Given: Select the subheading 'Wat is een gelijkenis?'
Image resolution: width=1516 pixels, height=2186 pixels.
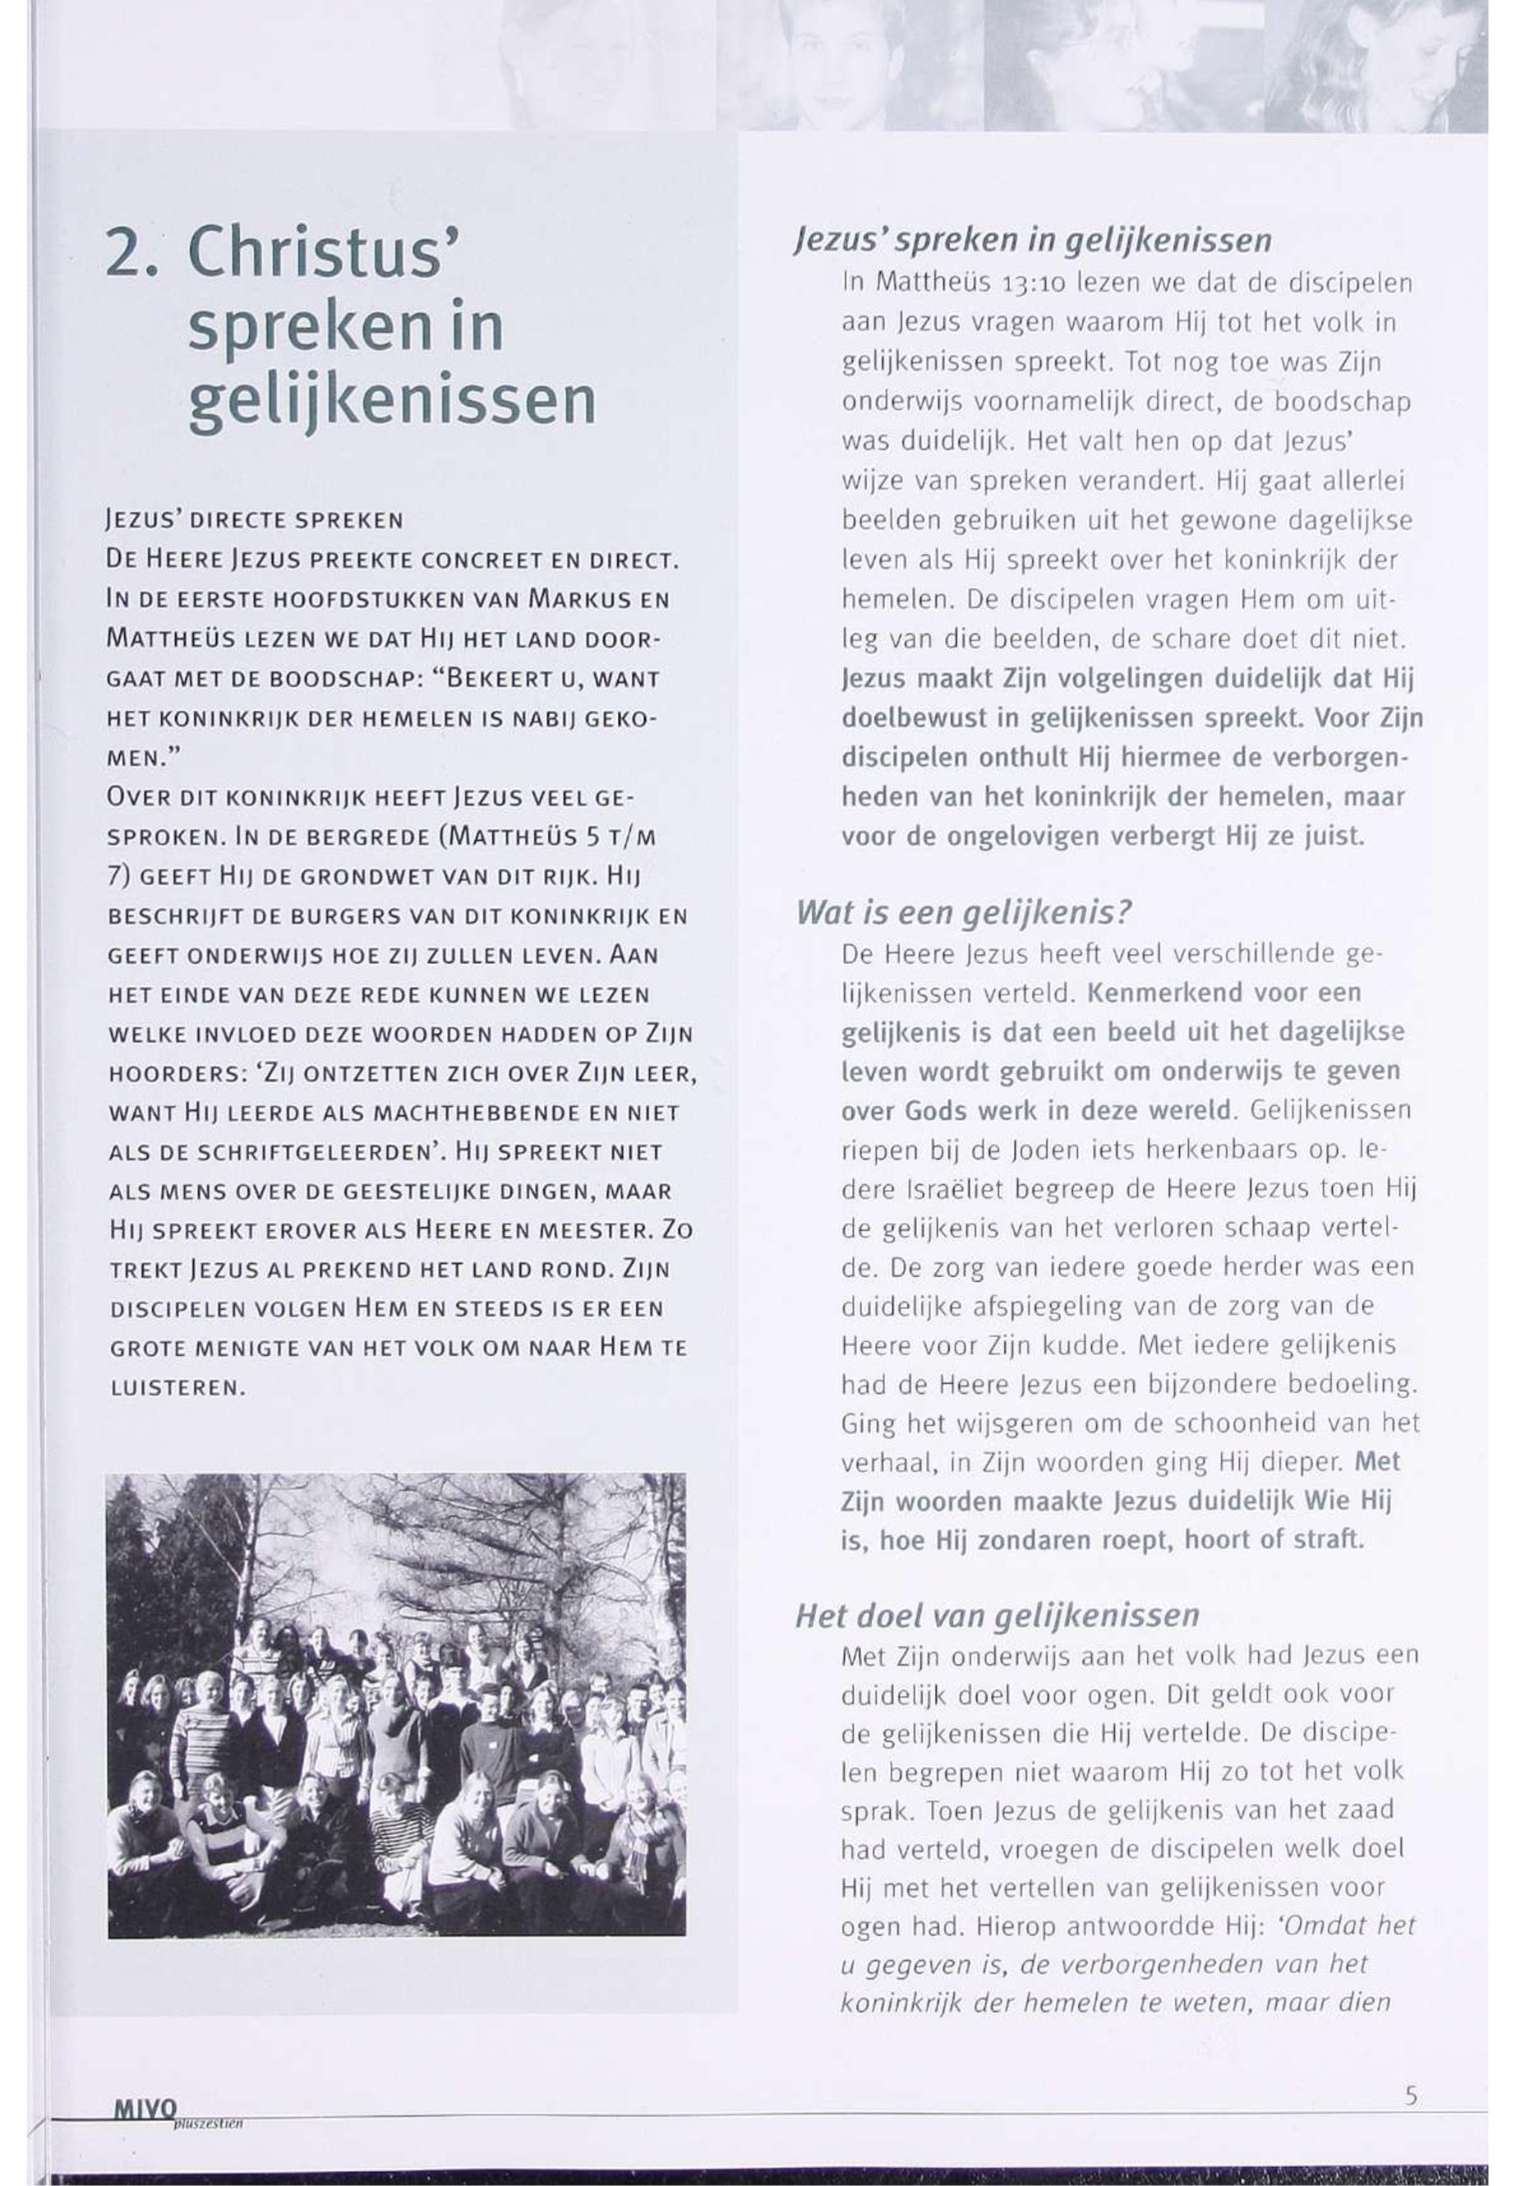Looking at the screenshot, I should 964,913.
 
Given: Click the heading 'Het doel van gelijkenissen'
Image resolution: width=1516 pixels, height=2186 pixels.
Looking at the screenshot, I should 997,1616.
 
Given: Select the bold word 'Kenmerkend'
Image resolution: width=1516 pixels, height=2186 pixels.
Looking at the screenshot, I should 1159,993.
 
